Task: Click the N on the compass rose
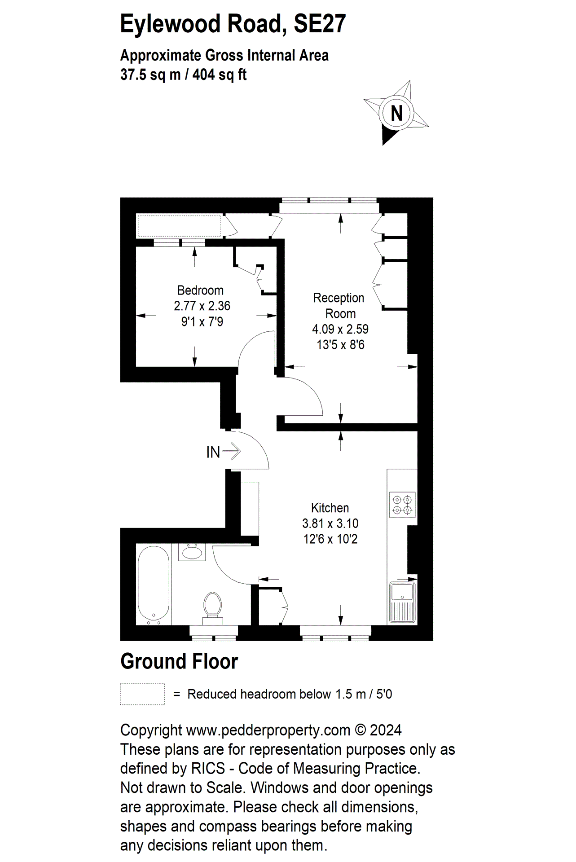[396, 113]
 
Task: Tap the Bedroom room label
[200, 290]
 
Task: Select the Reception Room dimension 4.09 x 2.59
[340, 329]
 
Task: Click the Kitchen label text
[330, 508]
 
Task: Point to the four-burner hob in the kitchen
[402, 505]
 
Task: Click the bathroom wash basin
[192, 552]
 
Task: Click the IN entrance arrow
[232, 451]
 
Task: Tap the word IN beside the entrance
[213, 452]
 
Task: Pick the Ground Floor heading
[179, 661]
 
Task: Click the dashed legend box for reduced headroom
[142, 694]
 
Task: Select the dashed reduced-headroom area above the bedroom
[179, 226]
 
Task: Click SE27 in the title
[319, 24]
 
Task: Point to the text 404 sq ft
[220, 74]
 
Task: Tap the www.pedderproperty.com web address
[268, 730]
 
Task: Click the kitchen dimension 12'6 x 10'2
[330, 539]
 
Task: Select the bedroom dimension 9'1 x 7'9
[202, 321]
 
